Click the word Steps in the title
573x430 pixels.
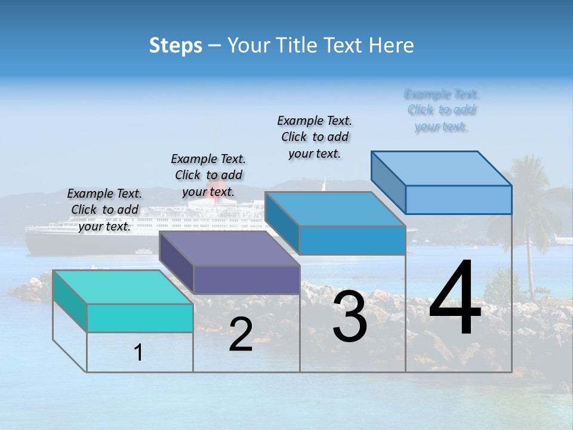[x=175, y=45]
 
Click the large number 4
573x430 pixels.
[x=455, y=299]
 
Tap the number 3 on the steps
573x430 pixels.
[x=350, y=317]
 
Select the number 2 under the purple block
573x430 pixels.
[x=241, y=335]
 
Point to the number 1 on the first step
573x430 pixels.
[x=138, y=353]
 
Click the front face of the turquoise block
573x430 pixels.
[x=140, y=318]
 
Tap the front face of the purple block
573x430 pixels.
[x=247, y=279]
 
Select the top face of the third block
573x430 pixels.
[x=335, y=209]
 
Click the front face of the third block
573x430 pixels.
[x=352, y=240]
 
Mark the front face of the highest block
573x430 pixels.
[x=458, y=199]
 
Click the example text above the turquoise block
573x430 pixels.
[x=104, y=210]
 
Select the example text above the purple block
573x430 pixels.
[x=208, y=175]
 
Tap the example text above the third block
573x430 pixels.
[x=315, y=137]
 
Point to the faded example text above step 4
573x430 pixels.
[x=442, y=110]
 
